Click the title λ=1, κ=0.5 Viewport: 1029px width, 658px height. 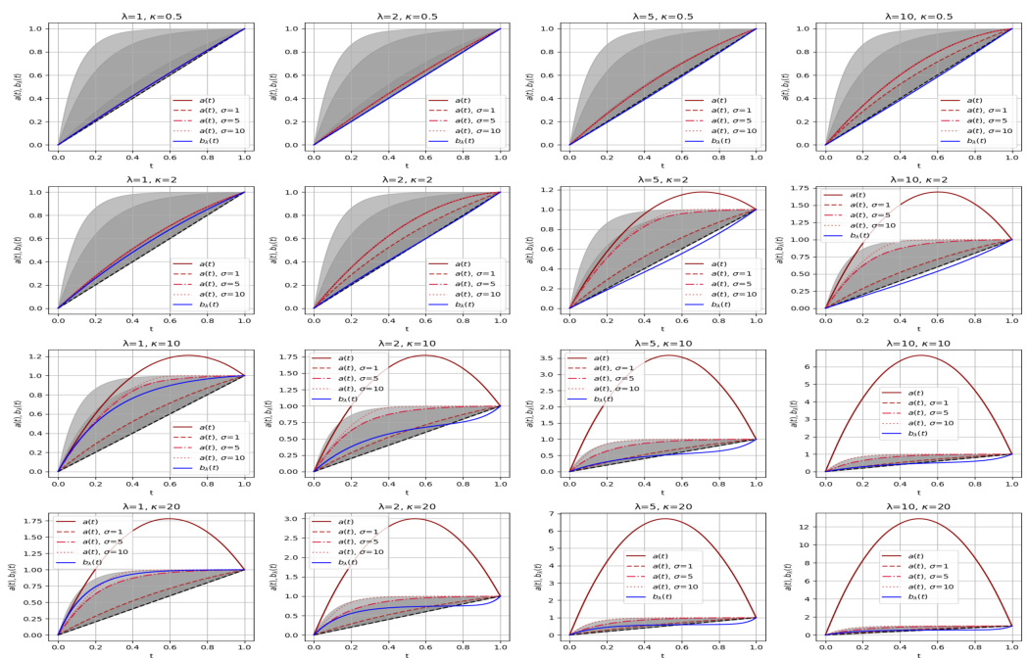[x=151, y=16]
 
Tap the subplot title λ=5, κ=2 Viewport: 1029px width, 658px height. [x=662, y=179]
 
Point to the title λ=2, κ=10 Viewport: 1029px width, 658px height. [x=407, y=343]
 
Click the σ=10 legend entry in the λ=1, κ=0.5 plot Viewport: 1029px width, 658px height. [x=212, y=130]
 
